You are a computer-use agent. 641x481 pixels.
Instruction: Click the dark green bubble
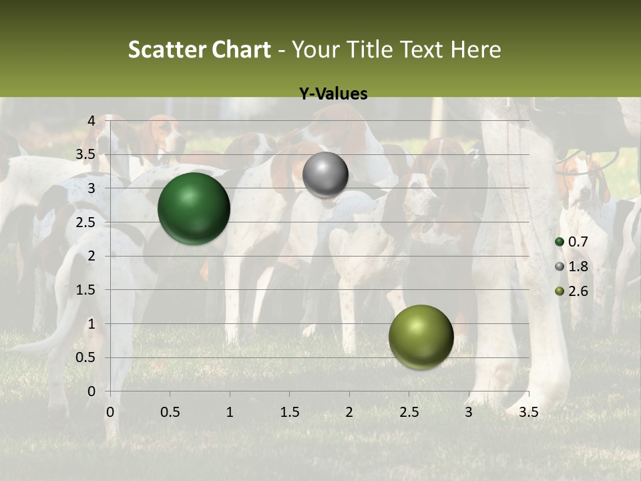pos(194,208)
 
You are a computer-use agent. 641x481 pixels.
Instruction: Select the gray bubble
pos(325,175)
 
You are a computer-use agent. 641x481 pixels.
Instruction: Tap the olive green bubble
pos(421,337)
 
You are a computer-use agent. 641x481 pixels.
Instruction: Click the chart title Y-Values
pos(333,94)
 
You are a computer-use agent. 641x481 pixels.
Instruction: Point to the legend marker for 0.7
pos(560,242)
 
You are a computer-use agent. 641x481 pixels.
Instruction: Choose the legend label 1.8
pos(578,267)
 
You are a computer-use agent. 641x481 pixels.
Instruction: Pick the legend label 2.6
pos(578,291)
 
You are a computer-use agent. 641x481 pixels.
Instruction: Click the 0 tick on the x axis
pos(110,413)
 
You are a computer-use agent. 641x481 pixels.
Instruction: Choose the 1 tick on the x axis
pos(230,413)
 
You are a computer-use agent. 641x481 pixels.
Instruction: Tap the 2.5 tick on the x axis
pos(409,413)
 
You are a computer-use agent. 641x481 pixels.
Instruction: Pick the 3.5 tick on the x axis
pos(528,413)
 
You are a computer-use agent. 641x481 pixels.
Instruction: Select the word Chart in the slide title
pos(240,49)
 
